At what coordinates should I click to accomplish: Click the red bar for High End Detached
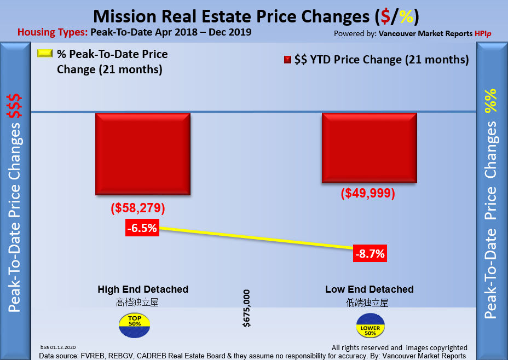[143, 154]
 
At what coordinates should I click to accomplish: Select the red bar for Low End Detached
[370, 148]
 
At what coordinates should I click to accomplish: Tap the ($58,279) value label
[138, 208]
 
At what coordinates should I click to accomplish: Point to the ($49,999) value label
[367, 194]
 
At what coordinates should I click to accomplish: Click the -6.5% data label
[142, 229]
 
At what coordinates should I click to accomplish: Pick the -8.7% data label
[370, 253]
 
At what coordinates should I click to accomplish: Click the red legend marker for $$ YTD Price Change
[287, 59]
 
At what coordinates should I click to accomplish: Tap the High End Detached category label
[143, 289]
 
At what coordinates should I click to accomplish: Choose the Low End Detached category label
[370, 289]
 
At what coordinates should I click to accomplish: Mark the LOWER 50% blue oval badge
[371, 326]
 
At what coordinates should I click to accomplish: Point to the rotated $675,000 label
[247, 308]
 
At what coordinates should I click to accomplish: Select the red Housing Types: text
[52, 32]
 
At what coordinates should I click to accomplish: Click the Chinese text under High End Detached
[137, 302]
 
